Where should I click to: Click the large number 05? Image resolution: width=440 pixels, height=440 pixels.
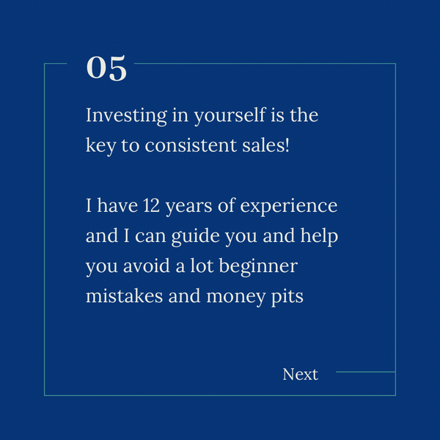coord(106,68)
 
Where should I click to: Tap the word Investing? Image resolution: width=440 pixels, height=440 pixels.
coord(127,116)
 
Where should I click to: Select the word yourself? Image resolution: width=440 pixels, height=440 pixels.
coord(230,116)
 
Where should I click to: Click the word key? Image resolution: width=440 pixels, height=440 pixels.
coord(100,146)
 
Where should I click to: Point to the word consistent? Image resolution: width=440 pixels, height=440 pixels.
coord(191,146)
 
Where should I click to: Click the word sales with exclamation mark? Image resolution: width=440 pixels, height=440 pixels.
coord(265,145)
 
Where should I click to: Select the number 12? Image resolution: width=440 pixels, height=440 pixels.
coord(151,205)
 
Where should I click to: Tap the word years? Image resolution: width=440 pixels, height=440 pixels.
coord(189,207)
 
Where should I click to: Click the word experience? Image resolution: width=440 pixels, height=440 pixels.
coord(289,207)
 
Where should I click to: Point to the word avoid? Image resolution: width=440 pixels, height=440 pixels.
coord(147,265)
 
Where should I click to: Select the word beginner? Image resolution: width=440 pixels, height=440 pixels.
coord(258,267)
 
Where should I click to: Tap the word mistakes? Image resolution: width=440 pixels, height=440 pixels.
coord(125,296)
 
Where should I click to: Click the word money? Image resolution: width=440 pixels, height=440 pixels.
coord(236,298)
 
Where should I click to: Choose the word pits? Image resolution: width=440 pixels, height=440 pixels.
coord(287,297)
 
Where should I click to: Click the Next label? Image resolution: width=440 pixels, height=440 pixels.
coord(300,374)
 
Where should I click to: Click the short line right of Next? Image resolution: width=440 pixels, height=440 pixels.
coord(366,372)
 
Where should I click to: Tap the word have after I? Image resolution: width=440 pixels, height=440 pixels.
coord(117,205)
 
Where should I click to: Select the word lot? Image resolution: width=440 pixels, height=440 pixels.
coord(202,265)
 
